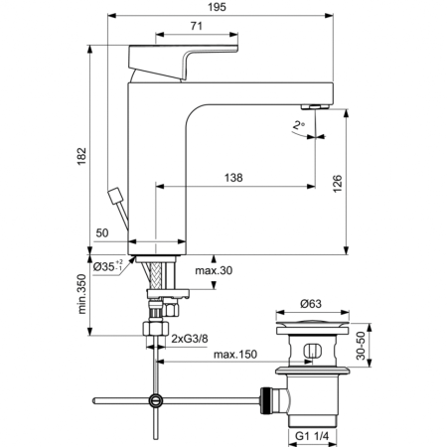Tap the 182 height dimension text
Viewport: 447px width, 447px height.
[82, 157]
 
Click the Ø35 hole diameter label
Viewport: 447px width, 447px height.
[106, 267]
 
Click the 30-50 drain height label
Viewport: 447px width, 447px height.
[364, 348]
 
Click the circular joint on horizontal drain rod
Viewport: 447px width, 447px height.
[154, 400]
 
